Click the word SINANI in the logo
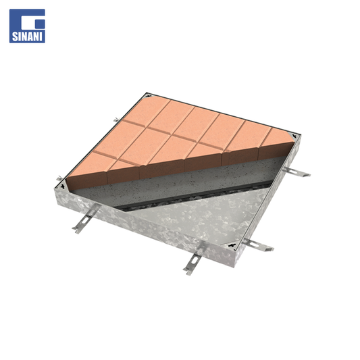coord(27,36)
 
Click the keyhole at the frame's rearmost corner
coord(149,95)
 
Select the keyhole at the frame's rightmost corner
coord(294,136)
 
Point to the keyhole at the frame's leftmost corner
coord(61,186)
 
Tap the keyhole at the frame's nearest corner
coord(232,245)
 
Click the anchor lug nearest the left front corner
coord(85,219)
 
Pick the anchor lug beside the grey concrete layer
coord(297,172)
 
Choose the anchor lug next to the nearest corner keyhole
coord(257,245)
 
